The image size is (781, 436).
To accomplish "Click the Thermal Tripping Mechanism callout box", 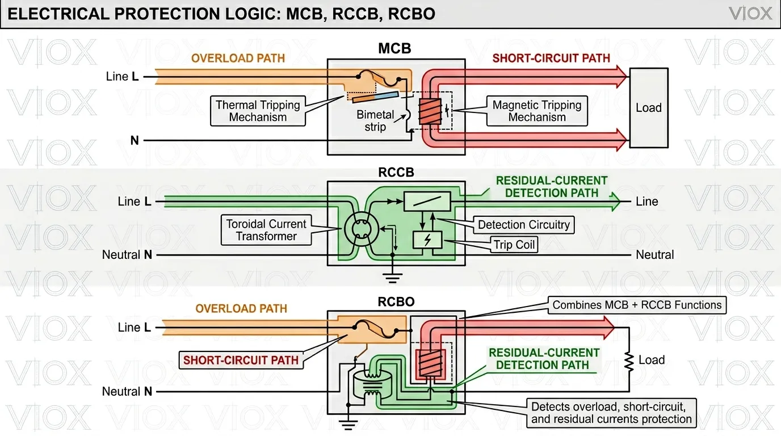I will click(258, 111).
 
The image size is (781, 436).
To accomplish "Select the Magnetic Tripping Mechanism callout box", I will click(536, 111).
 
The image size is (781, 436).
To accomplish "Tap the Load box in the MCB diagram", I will click(649, 108).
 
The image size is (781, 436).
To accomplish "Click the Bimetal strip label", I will click(375, 121).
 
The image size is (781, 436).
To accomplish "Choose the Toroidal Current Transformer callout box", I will click(266, 230).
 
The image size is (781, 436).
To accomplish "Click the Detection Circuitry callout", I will click(523, 225).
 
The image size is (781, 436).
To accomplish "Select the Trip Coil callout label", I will click(514, 245).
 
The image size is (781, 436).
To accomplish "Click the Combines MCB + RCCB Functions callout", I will click(637, 305).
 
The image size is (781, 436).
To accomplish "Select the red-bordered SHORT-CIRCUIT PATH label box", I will click(241, 360).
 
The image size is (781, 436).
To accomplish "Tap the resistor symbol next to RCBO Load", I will click(629, 360).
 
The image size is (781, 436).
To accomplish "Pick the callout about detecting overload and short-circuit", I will click(611, 413).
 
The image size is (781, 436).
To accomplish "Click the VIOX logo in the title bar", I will click(750, 14).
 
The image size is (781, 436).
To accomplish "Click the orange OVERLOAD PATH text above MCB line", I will click(238, 58).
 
